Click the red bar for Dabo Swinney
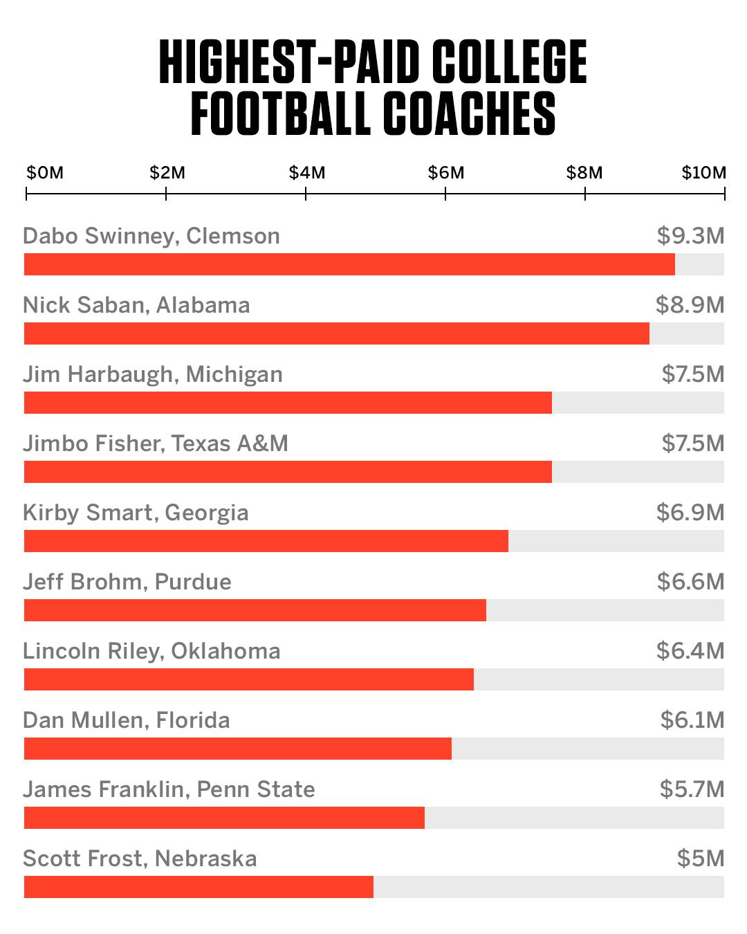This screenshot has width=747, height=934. (349, 264)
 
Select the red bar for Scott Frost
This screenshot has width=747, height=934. (199, 887)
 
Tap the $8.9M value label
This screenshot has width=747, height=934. (690, 305)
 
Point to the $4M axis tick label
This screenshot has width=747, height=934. (306, 172)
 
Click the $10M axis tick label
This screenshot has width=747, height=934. (703, 172)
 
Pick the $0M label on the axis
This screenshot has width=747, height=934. (45, 172)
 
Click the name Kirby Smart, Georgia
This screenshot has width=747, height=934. (136, 513)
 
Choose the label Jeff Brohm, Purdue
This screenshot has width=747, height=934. (127, 582)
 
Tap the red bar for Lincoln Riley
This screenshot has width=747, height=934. (249, 679)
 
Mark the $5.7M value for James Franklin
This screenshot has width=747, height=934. (692, 789)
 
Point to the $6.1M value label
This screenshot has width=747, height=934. (692, 720)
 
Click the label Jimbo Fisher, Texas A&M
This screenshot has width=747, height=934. (156, 443)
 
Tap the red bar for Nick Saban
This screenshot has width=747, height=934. (337, 333)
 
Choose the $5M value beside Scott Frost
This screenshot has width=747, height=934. (700, 859)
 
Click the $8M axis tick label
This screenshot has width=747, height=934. (584, 172)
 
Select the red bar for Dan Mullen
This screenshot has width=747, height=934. (238, 749)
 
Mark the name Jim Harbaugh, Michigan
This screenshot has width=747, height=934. (153, 374)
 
